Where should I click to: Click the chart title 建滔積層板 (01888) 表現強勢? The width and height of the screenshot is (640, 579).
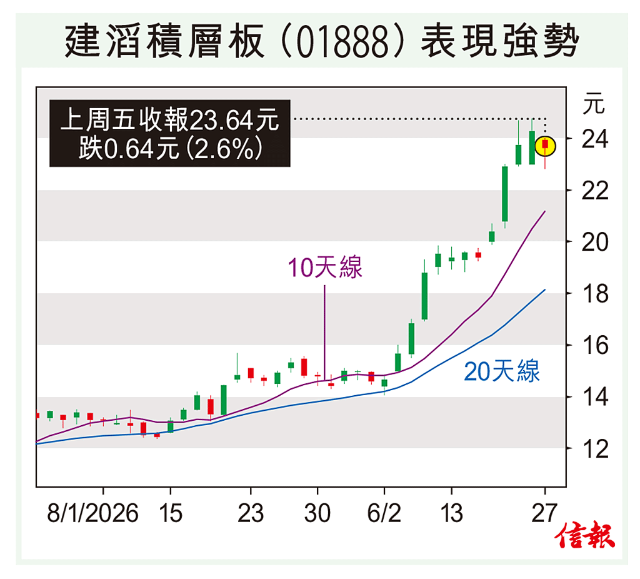[x=320, y=41]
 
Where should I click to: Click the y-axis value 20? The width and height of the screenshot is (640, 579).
[x=594, y=241]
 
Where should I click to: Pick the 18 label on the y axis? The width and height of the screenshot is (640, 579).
[x=594, y=293]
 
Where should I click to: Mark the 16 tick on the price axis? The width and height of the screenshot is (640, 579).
[x=594, y=345]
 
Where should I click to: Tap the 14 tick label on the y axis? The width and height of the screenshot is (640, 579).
[x=594, y=397]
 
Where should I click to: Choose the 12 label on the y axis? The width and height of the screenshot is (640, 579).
[x=594, y=449]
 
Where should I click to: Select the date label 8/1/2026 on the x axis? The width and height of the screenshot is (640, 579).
[x=92, y=514]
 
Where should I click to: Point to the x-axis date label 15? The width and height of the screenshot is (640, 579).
[x=170, y=514]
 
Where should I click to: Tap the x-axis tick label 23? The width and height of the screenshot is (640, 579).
[x=251, y=514]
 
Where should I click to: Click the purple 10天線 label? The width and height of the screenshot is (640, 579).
[x=325, y=268]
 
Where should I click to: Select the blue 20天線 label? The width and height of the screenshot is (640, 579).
[x=502, y=373]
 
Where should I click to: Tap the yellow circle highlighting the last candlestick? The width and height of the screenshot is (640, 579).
[x=546, y=146]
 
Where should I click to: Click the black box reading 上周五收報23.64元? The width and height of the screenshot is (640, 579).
[x=170, y=133]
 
